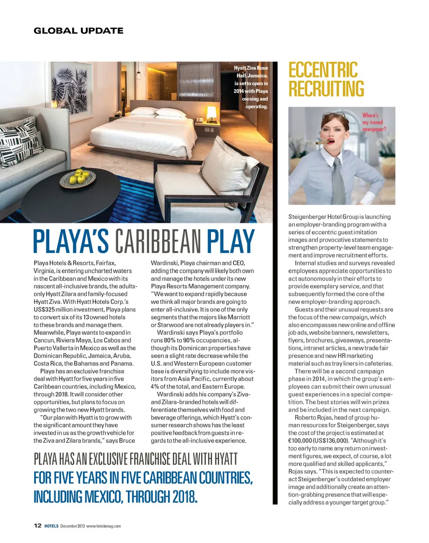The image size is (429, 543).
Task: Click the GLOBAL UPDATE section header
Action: pyautogui.click(x=78, y=31)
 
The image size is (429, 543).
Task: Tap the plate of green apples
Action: pyautogui.click(x=80, y=177)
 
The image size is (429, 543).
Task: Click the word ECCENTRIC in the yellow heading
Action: pyautogui.click(x=323, y=72)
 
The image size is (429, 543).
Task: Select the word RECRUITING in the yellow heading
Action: pyautogui.click(x=326, y=88)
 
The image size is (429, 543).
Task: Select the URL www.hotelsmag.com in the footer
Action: pyautogui.click(x=103, y=526)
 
